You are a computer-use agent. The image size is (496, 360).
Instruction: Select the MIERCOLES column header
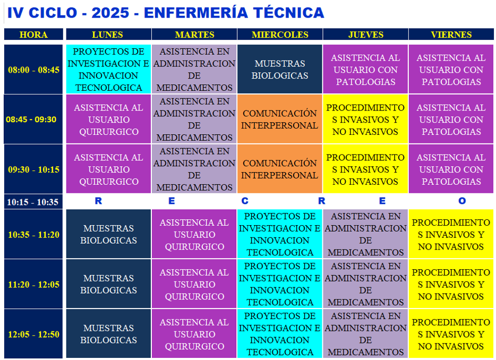pos(280,34)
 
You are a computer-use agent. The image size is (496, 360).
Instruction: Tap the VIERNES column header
pos(451,34)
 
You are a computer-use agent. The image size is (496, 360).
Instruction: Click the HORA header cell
pos(33,34)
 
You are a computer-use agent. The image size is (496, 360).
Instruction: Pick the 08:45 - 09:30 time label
pos(31,119)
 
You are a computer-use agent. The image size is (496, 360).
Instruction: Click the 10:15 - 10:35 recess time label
pos(33,202)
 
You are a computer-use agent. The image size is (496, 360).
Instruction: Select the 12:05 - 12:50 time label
pos(33,335)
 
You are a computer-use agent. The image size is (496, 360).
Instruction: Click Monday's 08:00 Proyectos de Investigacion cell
pos(108,69)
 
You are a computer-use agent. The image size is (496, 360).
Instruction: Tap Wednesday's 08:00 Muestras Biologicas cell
pos(280,69)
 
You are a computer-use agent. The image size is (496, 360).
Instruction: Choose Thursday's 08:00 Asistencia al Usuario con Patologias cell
pos(365,69)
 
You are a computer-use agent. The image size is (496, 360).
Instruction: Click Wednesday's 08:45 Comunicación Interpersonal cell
pos(280,119)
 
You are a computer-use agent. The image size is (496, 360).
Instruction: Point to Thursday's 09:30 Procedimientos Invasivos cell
pos(365,169)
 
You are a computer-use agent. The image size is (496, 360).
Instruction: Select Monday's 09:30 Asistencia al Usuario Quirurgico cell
pos(108,169)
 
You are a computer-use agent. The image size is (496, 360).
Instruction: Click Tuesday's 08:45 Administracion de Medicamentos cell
pos(194,119)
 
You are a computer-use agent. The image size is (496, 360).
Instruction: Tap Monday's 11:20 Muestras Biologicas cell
pos(108,284)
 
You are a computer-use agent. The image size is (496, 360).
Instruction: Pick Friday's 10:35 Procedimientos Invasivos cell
pos(451,234)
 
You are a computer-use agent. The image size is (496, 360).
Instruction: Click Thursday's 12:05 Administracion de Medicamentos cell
pos(365,333)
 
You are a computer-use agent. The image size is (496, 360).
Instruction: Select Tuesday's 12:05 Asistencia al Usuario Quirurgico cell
pos(194,333)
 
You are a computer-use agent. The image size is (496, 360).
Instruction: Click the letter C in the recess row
pos(245,201)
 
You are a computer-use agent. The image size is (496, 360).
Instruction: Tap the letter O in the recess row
pos(462,201)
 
